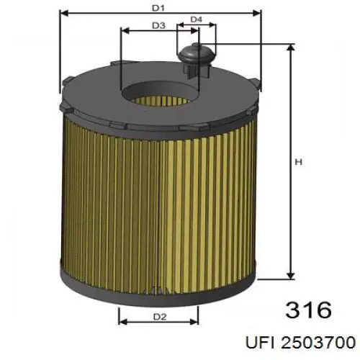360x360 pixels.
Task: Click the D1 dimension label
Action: tap(158, 8)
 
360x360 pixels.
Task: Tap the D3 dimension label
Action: tap(159, 26)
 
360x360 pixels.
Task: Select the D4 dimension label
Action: tap(196, 19)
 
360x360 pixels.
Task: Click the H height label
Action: tap(297, 162)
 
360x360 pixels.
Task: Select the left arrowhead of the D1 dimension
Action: tap(63, 13)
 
